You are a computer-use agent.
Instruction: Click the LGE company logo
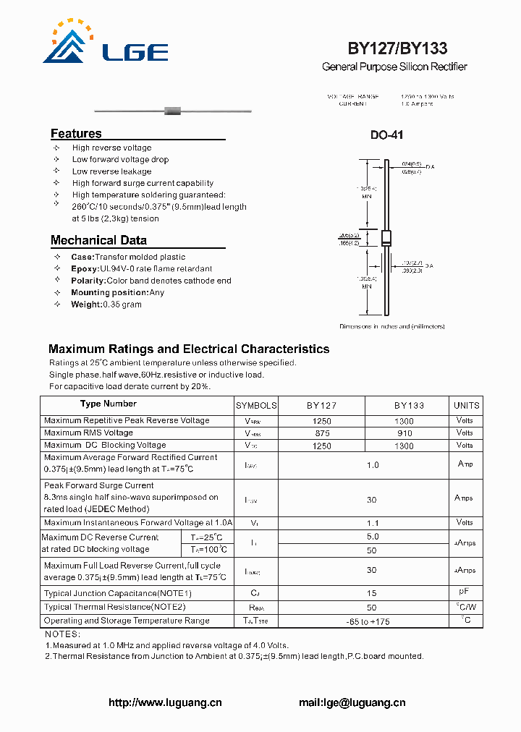106,43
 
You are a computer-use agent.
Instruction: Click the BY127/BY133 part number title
397,48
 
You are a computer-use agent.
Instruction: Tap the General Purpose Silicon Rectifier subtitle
394,67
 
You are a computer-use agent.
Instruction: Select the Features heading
76,134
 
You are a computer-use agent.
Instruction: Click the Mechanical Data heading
98,240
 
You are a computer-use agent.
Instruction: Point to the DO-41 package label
386,135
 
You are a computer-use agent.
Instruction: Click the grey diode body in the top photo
172,111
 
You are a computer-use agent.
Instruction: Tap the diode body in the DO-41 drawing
386,239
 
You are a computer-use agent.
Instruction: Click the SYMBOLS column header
256,406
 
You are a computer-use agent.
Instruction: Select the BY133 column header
409,406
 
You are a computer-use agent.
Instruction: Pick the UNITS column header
466,406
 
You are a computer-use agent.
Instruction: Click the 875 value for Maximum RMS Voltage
322,433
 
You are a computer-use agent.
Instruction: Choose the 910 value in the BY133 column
405,433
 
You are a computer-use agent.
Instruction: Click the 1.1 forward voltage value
373,522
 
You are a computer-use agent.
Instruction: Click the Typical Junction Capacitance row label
117,593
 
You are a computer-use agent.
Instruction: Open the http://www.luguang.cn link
165,702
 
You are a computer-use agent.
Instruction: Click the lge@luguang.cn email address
352,702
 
